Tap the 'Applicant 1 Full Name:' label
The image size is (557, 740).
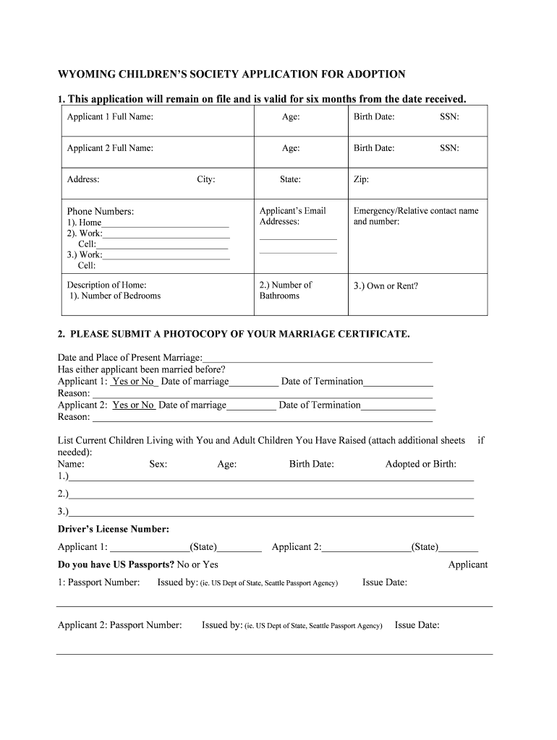(110, 117)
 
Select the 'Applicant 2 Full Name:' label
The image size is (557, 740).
(110, 148)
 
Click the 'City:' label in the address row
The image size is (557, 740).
(206, 180)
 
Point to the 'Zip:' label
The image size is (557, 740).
(361, 180)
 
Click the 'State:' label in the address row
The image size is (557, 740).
(291, 180)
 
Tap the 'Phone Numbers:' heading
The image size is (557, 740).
(101, 212)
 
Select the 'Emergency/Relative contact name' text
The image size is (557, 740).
(416, 211)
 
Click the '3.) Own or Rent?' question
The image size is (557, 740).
(386, 286)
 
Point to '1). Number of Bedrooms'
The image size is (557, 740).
(116, 296)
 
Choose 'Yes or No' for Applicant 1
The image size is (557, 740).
(133, 382)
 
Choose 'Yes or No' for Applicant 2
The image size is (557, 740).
(133, 405)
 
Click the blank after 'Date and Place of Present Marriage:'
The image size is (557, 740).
(318, 358)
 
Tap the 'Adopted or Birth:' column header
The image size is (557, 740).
(421, 465)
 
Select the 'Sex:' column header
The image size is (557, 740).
(158, 465)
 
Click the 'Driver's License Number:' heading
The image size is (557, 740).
(114, 530)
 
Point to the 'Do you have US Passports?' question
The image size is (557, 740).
(116, 564)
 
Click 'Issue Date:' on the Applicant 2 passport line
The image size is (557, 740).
(417, 625)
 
